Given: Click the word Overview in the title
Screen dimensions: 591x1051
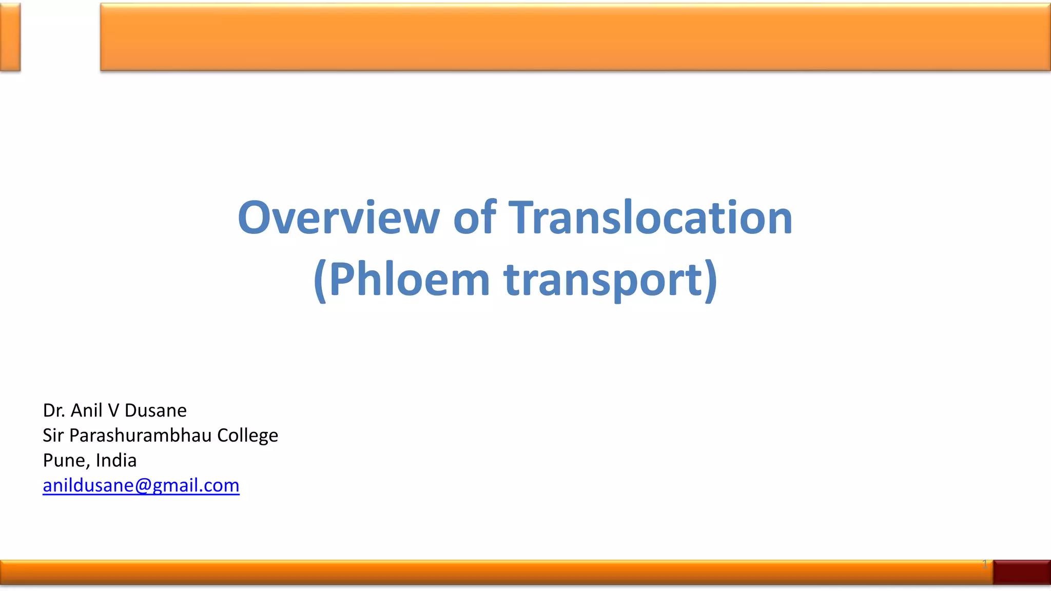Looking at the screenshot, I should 339,218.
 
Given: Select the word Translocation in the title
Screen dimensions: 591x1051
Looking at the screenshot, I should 650,218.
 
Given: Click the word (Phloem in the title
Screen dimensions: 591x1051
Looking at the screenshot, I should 401,280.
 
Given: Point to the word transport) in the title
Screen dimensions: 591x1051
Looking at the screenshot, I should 611,280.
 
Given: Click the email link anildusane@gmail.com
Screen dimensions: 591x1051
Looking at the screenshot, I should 141,485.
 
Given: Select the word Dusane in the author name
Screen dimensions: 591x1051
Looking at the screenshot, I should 155,410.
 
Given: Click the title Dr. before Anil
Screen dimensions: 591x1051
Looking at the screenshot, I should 54,410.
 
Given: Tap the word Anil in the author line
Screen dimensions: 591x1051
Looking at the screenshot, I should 87,410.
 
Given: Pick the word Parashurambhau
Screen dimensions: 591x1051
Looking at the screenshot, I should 141,436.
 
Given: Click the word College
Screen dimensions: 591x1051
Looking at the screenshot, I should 247,436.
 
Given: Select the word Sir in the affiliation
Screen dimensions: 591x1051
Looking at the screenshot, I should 53,436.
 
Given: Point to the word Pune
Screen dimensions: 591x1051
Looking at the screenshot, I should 65,461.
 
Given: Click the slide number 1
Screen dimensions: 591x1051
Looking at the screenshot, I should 984,564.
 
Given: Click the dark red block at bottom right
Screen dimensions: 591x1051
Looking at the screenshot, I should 1022,572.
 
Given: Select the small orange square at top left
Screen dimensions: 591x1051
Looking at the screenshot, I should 10,37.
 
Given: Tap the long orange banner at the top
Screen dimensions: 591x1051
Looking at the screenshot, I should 575,37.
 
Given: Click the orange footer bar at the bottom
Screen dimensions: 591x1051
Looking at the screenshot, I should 493,572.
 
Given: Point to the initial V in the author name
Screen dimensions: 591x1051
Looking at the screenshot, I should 113,410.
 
